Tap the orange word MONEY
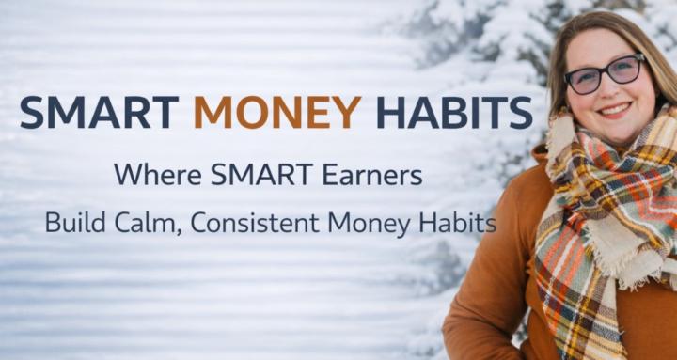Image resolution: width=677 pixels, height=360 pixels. coord(277,112)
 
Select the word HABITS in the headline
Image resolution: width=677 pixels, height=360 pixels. coord(453,112)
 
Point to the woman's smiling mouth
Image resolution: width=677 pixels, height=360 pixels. coord(615,111)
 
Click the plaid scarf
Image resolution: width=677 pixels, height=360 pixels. coord(602,216)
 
